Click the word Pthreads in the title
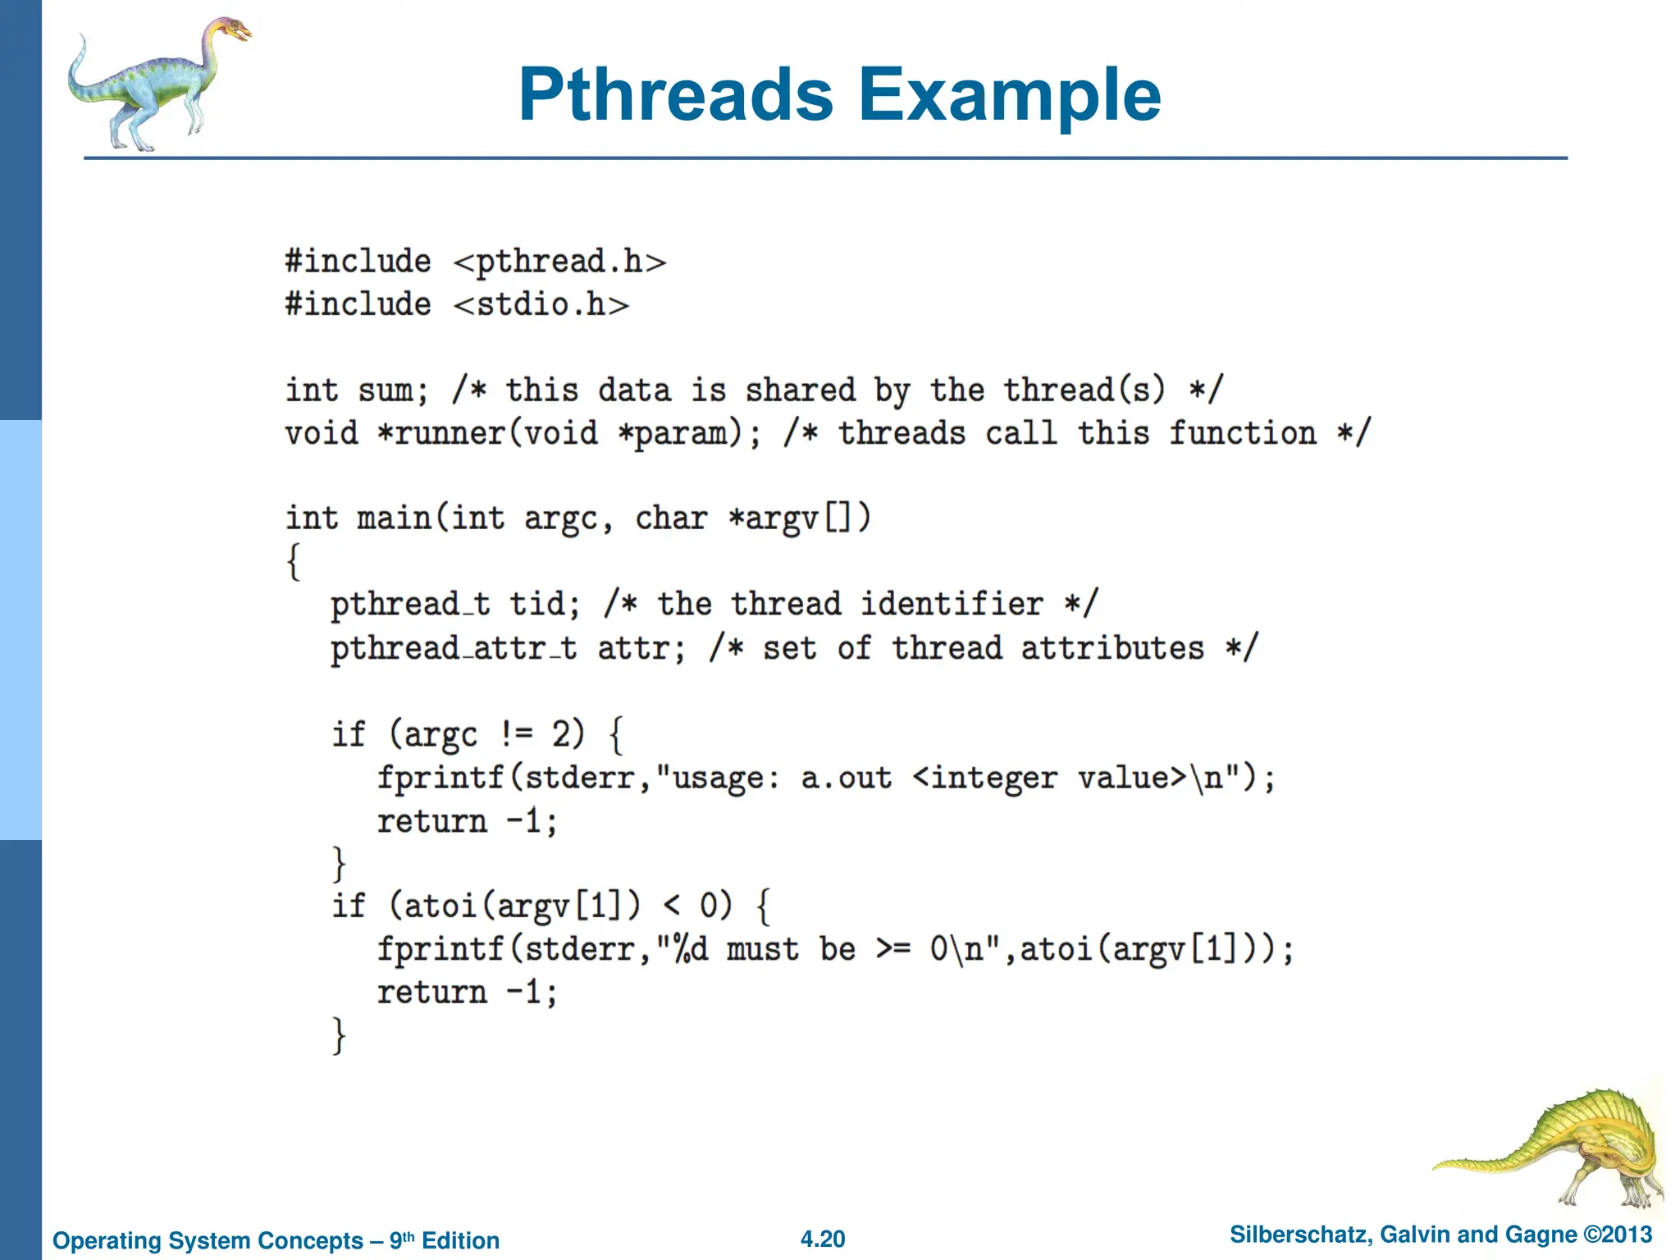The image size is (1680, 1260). [676, 95]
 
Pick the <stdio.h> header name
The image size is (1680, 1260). [541, 305]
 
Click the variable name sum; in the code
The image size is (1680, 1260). [393, 390]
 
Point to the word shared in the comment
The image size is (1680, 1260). [800, 390]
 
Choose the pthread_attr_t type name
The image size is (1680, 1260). [454, 649]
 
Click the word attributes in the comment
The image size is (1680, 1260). [1112, 649]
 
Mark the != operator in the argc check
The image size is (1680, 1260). [516, 734]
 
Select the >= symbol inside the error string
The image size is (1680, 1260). [892, 950]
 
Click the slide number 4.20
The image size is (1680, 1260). [822, 1239]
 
